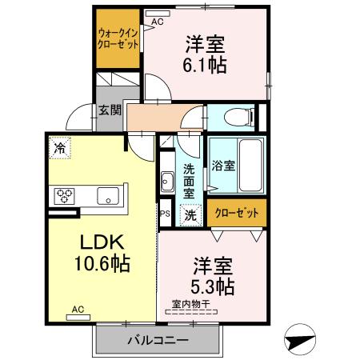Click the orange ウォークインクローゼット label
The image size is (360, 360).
118,38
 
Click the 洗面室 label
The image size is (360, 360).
189,181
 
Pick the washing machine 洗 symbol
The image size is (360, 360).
190,214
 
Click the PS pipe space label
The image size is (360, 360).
165,214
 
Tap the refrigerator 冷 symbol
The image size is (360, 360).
59,147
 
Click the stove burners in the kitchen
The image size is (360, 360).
65,195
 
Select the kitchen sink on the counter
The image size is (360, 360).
108,195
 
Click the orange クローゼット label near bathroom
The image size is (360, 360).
238,214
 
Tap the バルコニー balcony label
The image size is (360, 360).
157,341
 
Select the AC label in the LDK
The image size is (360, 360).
78,309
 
